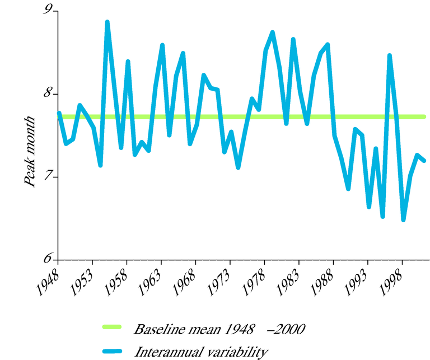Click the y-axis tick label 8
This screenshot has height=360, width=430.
pyautogui.click(x=48, y=93)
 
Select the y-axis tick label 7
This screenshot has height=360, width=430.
pyautogui.click(x=48, y=176)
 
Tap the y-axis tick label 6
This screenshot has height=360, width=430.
pyautogui.click(x=48, y=259)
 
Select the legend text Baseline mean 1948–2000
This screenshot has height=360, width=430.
pyautogui.click(x=219, y=329)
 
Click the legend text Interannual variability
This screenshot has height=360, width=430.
pyautogui.click(x=202, y=352)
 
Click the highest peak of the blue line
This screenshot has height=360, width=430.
pyautogui.click(x=107, y=22)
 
